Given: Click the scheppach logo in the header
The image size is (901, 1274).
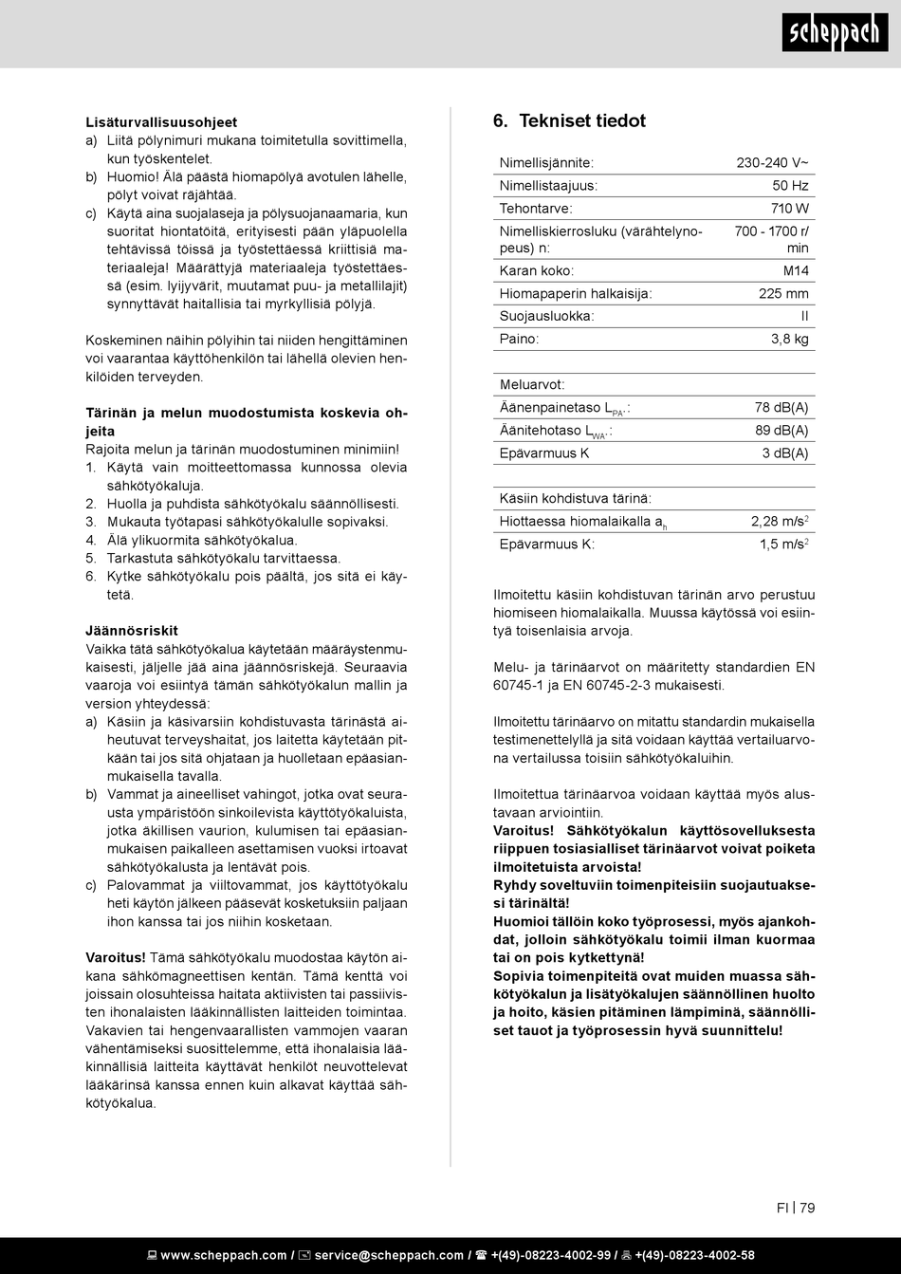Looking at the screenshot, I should pos(835,33).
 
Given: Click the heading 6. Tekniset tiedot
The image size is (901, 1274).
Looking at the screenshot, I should pos(569,121).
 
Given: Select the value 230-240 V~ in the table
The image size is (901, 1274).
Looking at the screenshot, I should pos(772,163).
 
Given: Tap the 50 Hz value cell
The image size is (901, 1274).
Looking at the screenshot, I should pos(790,186).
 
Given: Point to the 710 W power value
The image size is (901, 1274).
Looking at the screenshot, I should pos(789,209).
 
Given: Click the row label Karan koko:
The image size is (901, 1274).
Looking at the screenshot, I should pos(536,271).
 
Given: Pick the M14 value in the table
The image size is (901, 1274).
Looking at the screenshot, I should pos(796,271).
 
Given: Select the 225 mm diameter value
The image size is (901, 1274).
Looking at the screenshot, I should pos(783,294).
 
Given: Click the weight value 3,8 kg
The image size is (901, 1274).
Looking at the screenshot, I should pos(789,339).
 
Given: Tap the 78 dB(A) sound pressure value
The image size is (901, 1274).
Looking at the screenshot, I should pos(781,408).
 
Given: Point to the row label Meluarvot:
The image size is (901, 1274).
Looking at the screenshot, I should pos(532,385).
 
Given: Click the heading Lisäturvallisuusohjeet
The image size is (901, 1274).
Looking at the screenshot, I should pos(161,122).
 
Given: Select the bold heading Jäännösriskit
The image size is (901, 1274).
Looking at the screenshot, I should pos(132,631).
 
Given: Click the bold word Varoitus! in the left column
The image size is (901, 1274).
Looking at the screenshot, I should pos(116,958).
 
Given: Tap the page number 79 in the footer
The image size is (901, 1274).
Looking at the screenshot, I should pos(807,1208).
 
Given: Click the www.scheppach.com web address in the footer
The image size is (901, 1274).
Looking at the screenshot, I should pos(223,1255).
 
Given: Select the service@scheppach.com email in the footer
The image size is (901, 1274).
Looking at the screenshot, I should pos(389,1255).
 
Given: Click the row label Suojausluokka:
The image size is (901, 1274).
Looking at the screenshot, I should pos(546,317).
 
